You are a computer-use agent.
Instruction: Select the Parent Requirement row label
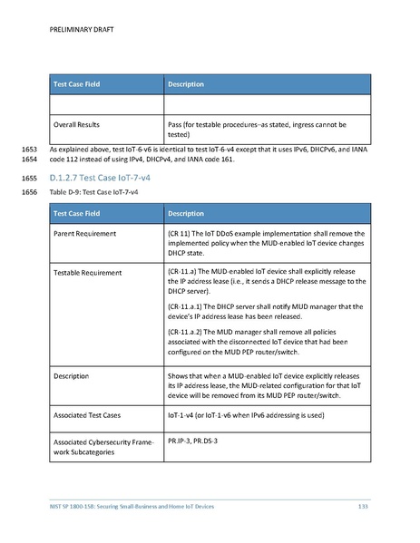click(x=84, y=233)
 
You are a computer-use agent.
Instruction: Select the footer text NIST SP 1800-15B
click(x=83, y=505)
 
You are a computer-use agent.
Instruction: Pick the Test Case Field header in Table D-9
click(x=83, y=214)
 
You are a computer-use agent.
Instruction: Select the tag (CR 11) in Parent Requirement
click(x=179, y=233)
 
